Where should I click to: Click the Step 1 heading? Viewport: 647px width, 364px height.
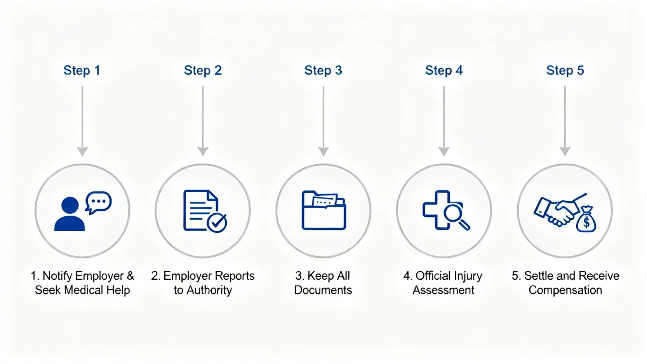point(82,70)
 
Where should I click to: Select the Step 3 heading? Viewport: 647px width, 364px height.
point(323,70)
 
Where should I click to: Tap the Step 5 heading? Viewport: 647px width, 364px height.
point(565,70)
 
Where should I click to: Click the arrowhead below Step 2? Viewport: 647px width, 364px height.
point(203,151)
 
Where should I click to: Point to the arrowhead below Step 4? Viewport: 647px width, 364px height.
point(444,151)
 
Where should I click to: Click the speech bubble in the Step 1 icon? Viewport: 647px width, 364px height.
point(98,202)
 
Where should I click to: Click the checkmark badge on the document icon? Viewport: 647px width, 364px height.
point(217,223)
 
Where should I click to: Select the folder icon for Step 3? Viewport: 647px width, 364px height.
point(323,211)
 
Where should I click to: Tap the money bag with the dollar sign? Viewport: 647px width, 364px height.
point(586,220)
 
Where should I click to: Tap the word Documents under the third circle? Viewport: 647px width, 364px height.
point(323,290)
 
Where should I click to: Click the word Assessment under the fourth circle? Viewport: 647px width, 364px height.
point(444,290)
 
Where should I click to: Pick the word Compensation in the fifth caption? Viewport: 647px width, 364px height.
point(565,290)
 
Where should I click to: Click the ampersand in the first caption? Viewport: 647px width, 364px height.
point(130,276)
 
